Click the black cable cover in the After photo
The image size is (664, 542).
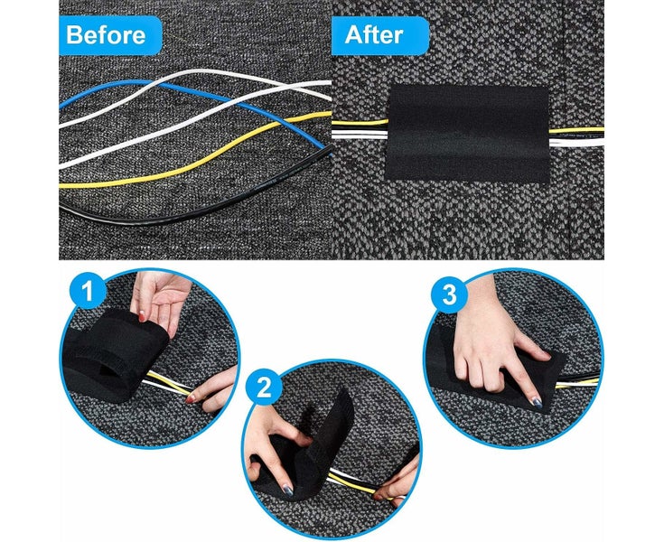click(469, 134)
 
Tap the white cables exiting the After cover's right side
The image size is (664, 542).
click(575, 140)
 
